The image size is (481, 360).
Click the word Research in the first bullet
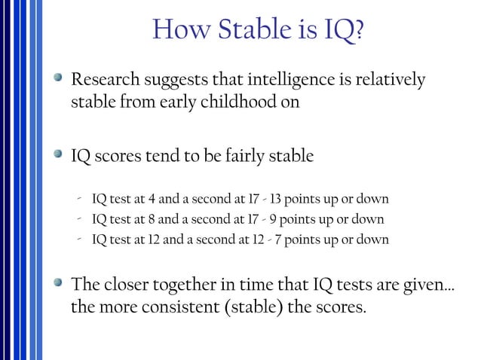[x=103, y=79]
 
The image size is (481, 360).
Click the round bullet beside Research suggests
[x=59, y=78]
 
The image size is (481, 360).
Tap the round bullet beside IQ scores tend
[x=59, y=156]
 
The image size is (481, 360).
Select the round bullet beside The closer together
[x=59, y=285]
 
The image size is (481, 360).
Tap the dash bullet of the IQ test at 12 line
[x=78, y=239]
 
